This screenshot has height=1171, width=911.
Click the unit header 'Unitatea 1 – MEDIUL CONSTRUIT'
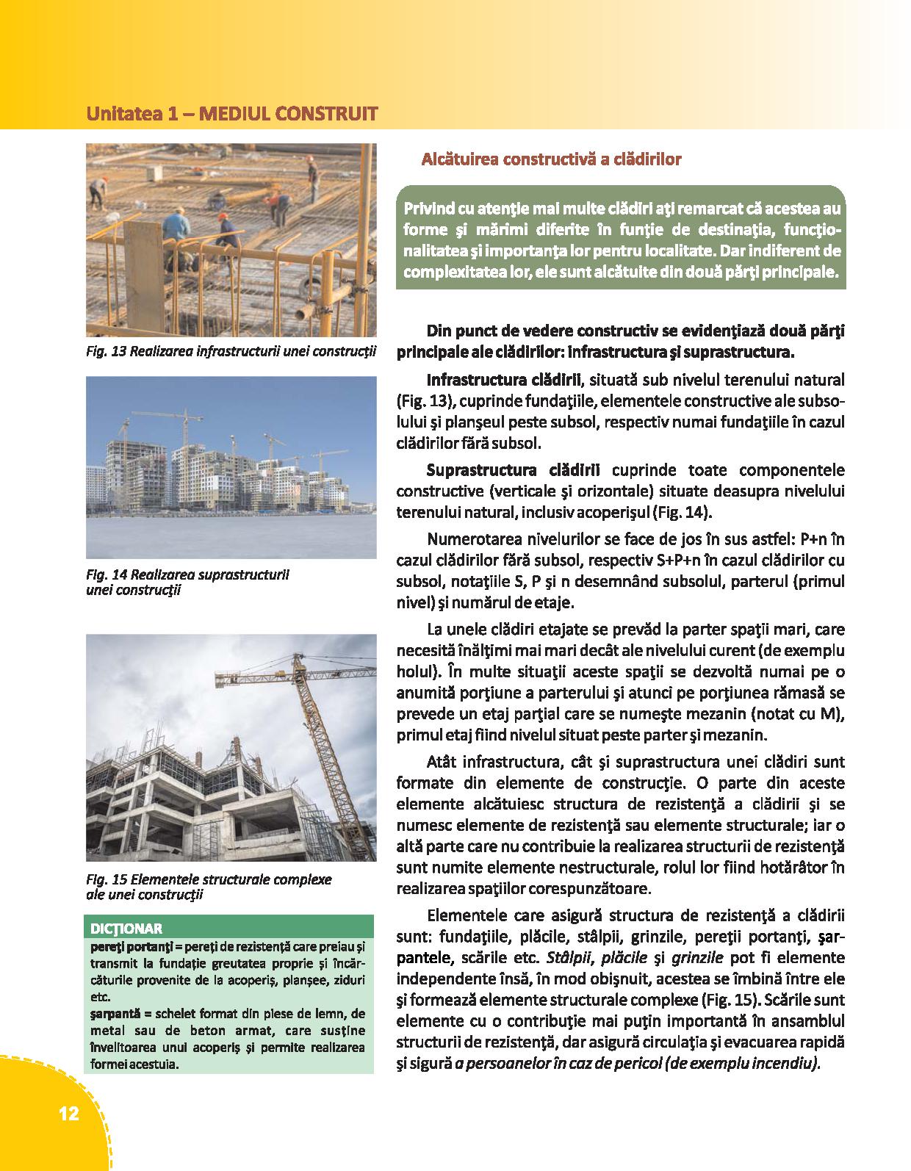point(232,114)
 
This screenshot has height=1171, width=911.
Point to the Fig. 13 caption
point(231,351)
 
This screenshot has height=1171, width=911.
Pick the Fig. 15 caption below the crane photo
point(209,887)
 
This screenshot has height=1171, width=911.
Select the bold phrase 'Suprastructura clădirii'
point(513,469)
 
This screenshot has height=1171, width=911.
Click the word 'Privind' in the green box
point(428,209)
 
